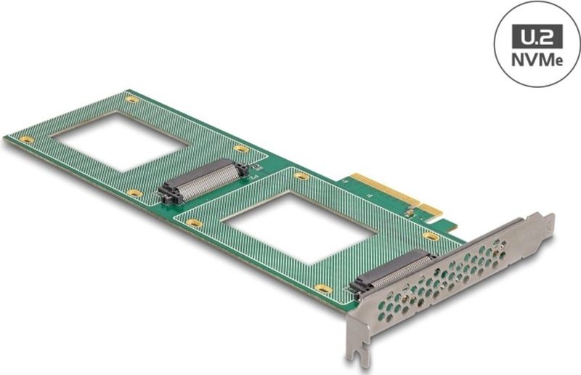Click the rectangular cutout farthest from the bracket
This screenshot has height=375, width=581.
coord(121,141)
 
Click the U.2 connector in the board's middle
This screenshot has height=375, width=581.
coord(203,182)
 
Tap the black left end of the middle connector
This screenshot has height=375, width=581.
coord(168,195)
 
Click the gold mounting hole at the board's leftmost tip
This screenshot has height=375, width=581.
coord(26,139)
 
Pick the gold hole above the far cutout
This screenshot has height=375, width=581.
coord(131,99)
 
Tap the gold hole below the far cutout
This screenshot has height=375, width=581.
coord(134,193)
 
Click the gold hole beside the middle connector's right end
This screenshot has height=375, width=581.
coord(241,149)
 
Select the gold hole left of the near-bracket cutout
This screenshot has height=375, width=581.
coord(194,223)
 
